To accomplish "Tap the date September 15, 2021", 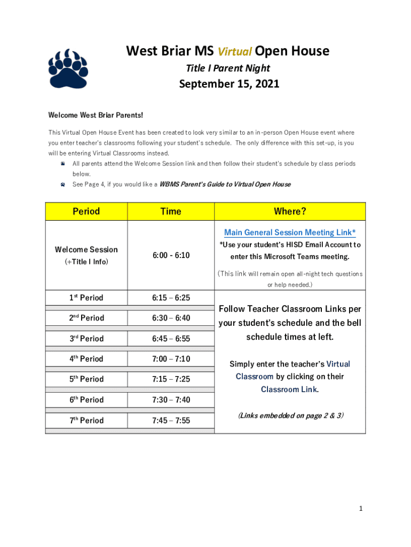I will (x=229, y=84).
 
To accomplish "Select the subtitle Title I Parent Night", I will (x=228, y=68).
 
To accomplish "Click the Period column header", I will (x=86, y=211).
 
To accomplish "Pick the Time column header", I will (x=171, y=211).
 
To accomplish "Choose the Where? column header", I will (x=290, y=211).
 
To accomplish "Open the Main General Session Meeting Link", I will (x=290, y=232).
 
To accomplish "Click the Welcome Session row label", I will (x=86, y=249).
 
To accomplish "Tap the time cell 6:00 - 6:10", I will (x=171, y=255).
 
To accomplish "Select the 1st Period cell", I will (x=86, y=298).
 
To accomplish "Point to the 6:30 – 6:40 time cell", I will (x=171, y=318).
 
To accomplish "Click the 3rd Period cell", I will (x=86, y=339).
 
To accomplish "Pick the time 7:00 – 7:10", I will (x=171, y=359).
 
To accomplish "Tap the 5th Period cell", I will (x=86, y=379).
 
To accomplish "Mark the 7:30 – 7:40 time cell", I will (x=171, y=400).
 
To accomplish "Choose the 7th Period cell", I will (x=86, y=420).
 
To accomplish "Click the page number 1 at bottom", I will (x=361, y=509).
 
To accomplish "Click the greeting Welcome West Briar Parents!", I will (x=96, y=115).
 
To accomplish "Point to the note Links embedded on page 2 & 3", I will (x=290, y=415).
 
